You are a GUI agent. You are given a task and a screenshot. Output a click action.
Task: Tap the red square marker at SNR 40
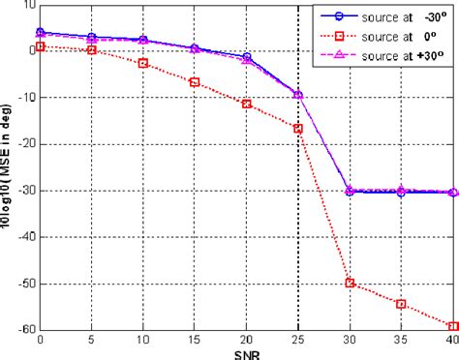pyautogui.click(x=453, y=326)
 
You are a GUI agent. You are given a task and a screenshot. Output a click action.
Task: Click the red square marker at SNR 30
pyautogui.click(x=350, y=284)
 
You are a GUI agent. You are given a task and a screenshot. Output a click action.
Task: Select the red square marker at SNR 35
pyautogui.click(x=401, y=304)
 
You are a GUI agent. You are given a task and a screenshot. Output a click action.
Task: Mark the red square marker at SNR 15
pyautogui.click(x=195, y=82)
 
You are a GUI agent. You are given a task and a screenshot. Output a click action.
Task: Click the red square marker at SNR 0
pyautogui.click(x=40, y=46)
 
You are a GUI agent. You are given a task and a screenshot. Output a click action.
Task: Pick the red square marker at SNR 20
pyautogui.click(x=247, y=104)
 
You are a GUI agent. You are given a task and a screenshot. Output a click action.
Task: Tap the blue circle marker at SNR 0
pyautogui.click(x=40, y=32)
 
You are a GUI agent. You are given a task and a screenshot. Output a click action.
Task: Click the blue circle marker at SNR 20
pyautogui.click(x=247, y=57)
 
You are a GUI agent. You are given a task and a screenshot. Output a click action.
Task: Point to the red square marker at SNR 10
pyautogui.click(x=143, y=63)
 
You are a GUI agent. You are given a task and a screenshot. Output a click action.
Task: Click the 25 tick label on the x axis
pyautogui.click(x=298, y=340)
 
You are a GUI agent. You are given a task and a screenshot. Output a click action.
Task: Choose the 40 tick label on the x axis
pyautogui.click(x=450, y=340)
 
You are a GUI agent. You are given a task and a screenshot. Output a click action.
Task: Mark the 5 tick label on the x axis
pyautogui.click(x=92, y=340)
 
